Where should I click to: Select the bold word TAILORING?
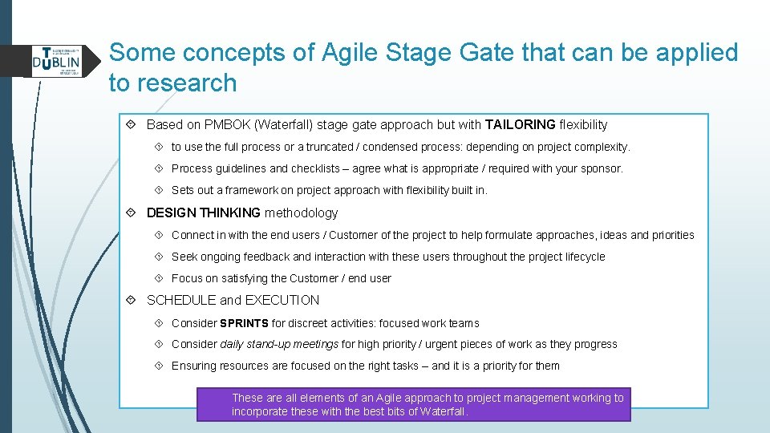pos(520,125)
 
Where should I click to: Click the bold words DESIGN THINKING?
pos(203,213)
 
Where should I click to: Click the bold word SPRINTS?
pos(244,324)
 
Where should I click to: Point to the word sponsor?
pos(600,169)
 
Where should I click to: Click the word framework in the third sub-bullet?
pos(249,191)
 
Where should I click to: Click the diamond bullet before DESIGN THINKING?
pos(131,213)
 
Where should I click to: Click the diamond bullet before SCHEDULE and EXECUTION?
pos(131,301)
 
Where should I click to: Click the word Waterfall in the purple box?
pos(440,412)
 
